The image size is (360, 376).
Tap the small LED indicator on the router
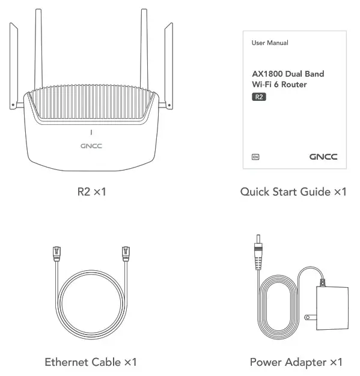click(91, 132)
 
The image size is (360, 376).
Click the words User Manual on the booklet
click(270, 43)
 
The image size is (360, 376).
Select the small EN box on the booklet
click(255, 157)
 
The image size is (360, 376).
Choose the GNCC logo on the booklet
click(323, 157)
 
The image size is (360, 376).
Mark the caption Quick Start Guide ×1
click(293, 192)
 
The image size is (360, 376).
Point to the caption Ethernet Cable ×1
click(91, 362)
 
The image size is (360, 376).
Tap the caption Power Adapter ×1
click(296, 362)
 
